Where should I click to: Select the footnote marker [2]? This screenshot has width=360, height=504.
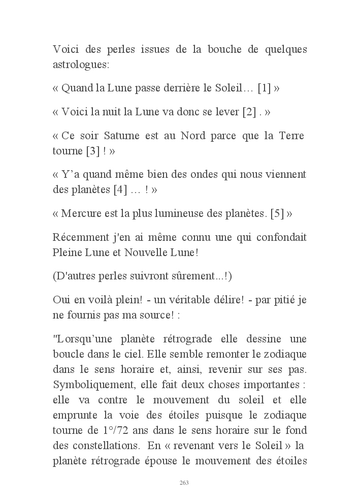tap(250, 112)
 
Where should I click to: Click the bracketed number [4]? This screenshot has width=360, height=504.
tap(120, 190)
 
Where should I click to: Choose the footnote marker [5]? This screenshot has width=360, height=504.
tap(277, 213)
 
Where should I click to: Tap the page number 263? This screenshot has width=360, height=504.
tap(184, 482)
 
